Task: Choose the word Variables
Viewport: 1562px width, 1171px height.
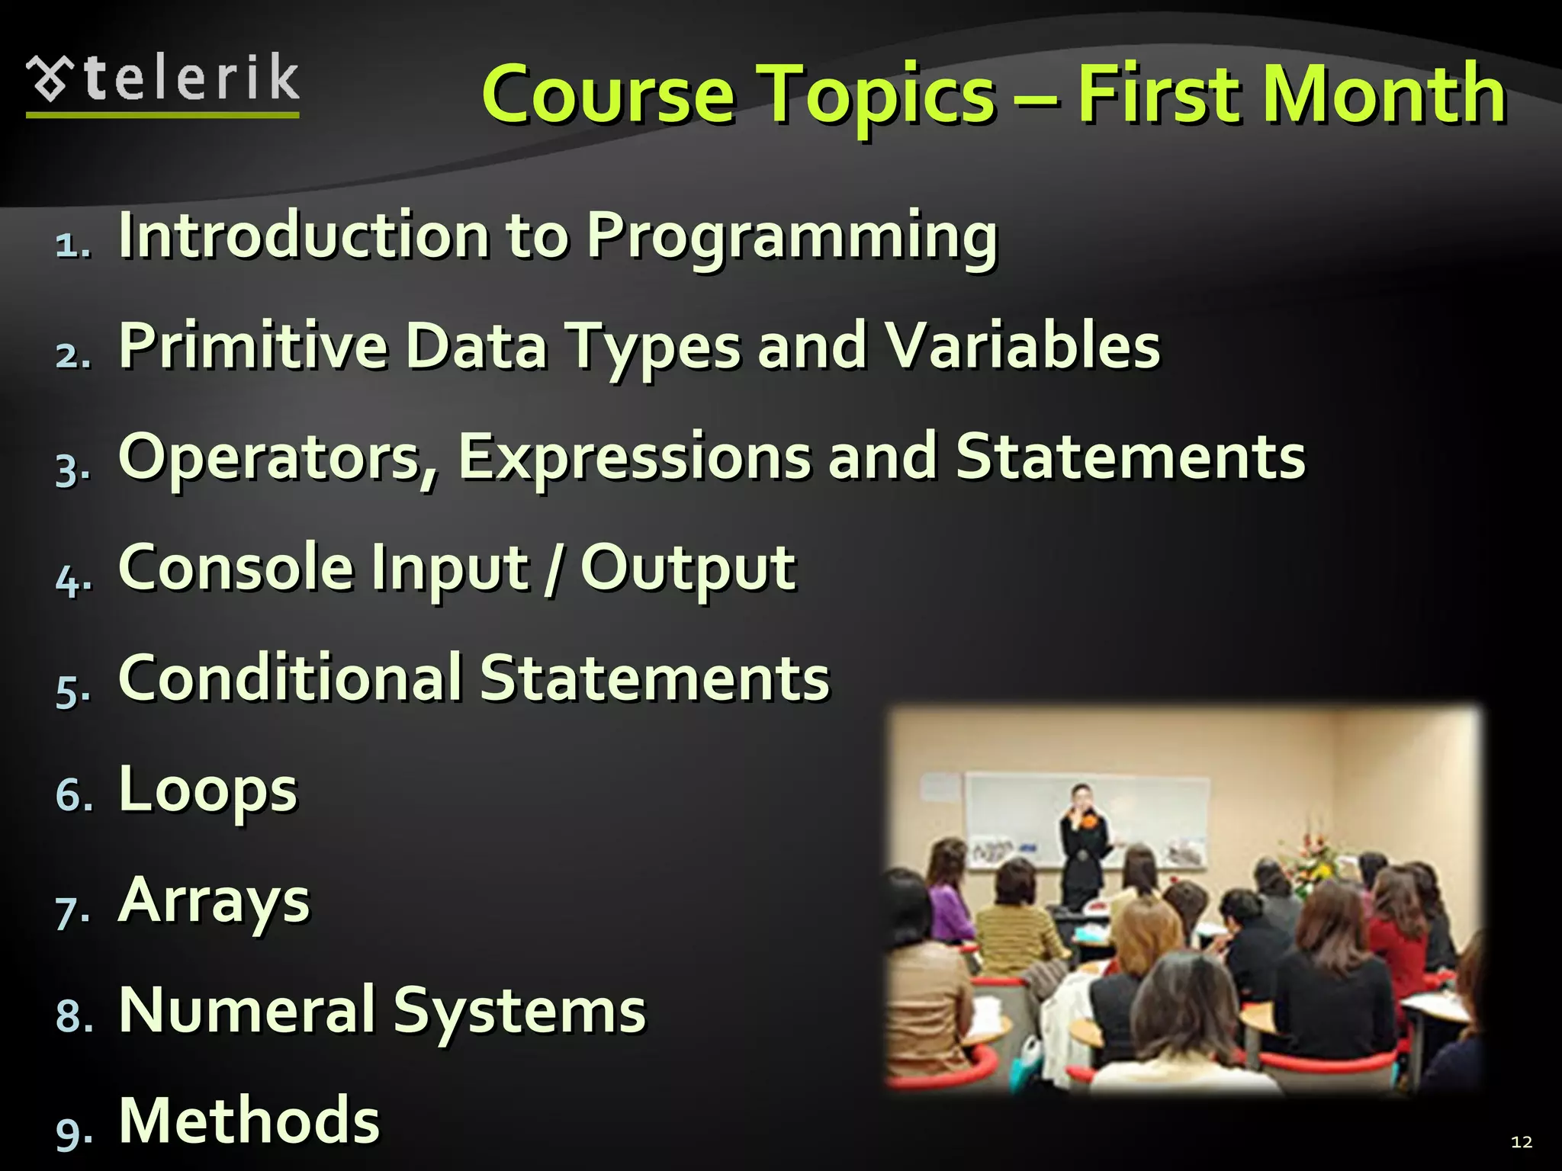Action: pyautogui.click(x=1021, y=347)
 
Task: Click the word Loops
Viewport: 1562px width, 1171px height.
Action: pyautogui.click(x=207, y=791)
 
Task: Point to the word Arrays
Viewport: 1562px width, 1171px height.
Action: pyautogui.click(x=214, y=902)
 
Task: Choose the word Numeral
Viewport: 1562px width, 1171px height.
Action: pyautogui.click(x=247, y=1011)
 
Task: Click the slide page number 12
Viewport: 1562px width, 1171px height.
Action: pyautogui.click(x=1521, y=1141)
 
